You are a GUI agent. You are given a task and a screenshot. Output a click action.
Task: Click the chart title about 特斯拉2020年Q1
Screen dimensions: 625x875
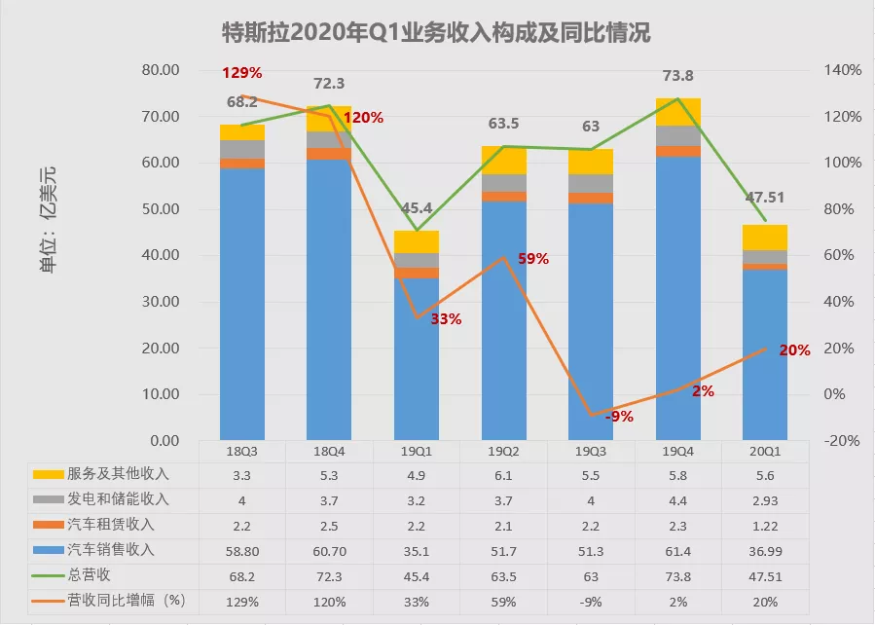tap(436, 32)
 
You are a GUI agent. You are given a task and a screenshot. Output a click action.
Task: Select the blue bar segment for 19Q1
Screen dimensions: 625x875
tap(417, 360)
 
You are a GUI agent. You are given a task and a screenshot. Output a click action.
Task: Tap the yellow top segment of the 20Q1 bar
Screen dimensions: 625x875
tap(765, 238)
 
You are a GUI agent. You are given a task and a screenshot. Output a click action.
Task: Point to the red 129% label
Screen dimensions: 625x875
tap(241, 73)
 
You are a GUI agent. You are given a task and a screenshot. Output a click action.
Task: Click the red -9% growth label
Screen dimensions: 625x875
tap(618, 416)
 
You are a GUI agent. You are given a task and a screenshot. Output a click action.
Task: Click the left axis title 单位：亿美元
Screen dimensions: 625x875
tap(48, 223)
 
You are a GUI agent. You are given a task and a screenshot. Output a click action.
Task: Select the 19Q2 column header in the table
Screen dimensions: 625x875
tap(504, 452)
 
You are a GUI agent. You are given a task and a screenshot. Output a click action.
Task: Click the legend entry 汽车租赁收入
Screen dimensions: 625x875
tap(117, 525)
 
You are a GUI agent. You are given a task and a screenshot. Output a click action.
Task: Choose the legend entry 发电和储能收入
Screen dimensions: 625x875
tap(117, 499)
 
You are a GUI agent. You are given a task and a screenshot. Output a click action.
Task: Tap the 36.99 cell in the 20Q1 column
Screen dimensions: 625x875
tap(765, 551)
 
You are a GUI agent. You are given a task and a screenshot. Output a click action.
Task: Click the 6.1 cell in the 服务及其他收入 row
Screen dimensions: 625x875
tap(504, 474)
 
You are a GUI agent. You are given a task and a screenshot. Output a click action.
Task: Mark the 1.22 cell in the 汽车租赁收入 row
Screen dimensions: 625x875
tap(765, 526)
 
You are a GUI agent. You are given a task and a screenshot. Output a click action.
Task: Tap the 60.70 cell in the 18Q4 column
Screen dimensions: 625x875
tap(329, 551)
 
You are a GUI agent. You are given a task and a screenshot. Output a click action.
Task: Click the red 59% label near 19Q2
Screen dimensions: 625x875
tap(533, 259)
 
